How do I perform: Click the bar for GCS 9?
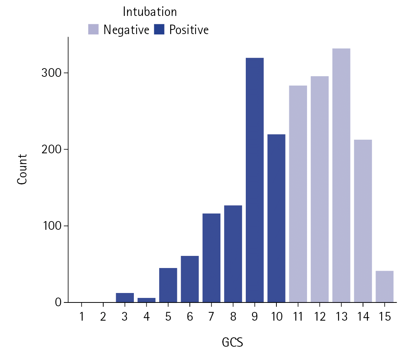click(254, 180)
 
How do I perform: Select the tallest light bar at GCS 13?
click(341, 175)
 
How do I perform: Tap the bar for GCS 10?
click(276, 218)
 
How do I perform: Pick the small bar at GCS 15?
click(385, 287)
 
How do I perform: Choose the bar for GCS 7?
click(211, 258)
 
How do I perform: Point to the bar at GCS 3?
click(125, 298)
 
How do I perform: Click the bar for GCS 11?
click(298, 194)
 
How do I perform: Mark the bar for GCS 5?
click(168, 285)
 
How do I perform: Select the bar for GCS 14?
click(363, 221)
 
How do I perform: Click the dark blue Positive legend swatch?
click(160, 30)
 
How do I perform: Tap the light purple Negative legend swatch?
click(93, 30)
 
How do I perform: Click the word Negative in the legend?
click(126, 30)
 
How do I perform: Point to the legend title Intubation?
click(150, 12)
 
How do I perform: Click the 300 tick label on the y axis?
click(51, 73)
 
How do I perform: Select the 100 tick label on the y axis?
click(51, 226)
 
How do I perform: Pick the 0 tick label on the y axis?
click(58, 302)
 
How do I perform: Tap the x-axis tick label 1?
click(81, 317)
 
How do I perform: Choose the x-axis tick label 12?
click(320, 317)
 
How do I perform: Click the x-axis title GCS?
click(232, 343)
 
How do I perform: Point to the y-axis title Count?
click(22, 169)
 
